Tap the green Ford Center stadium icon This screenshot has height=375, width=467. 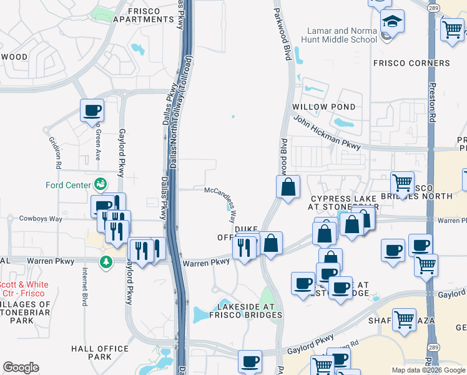click(99, 184)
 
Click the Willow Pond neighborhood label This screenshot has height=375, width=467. click(324, 107)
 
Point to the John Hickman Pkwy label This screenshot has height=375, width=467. click(327, 132)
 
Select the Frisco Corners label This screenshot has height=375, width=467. click(411, 63)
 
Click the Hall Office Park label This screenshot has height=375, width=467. click(91, 352)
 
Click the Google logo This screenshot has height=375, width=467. click(21, 367)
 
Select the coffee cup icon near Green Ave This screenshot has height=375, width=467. click(92, 111)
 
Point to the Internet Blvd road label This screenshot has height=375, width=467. click(84, 287)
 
